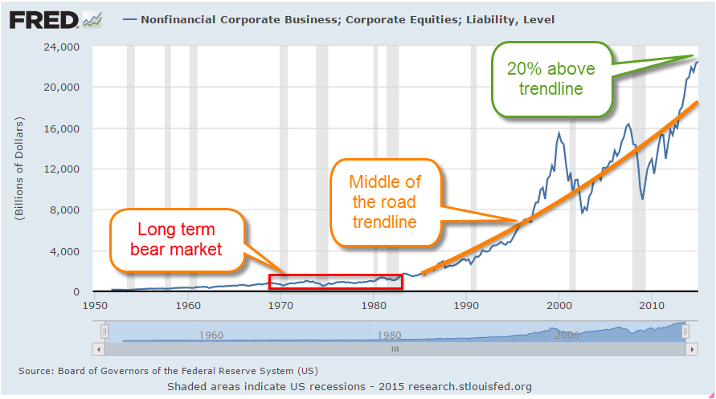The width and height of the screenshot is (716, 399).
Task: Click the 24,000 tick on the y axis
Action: pyautogui.click(x=61, y=47)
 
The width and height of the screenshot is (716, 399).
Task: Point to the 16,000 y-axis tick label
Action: pyautogui.click(x=61, y=128)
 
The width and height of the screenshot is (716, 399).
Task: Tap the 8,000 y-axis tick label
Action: pyautogui.click(x=64, y=210)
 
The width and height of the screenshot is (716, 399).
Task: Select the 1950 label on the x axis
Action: pyautogui.click(x=95, y=305)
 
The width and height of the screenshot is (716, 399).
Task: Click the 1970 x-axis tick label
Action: pyautogui.click(x=280, y=305)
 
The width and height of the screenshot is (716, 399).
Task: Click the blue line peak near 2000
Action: pyautogui.click(x=558, y=134)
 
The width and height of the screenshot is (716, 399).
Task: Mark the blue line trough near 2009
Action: pyautogui.click(x=642, y=198)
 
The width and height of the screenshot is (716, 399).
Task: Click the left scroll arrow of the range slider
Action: pyautogui.click(x=100, y=349)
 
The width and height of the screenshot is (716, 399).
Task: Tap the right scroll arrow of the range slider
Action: pyautogui.click(x=689, y=349)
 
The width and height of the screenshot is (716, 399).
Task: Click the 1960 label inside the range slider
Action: pyautogui.click(x=211, y=335)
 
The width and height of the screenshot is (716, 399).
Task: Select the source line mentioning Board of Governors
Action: pyautogui.click(x=168, y=370)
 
